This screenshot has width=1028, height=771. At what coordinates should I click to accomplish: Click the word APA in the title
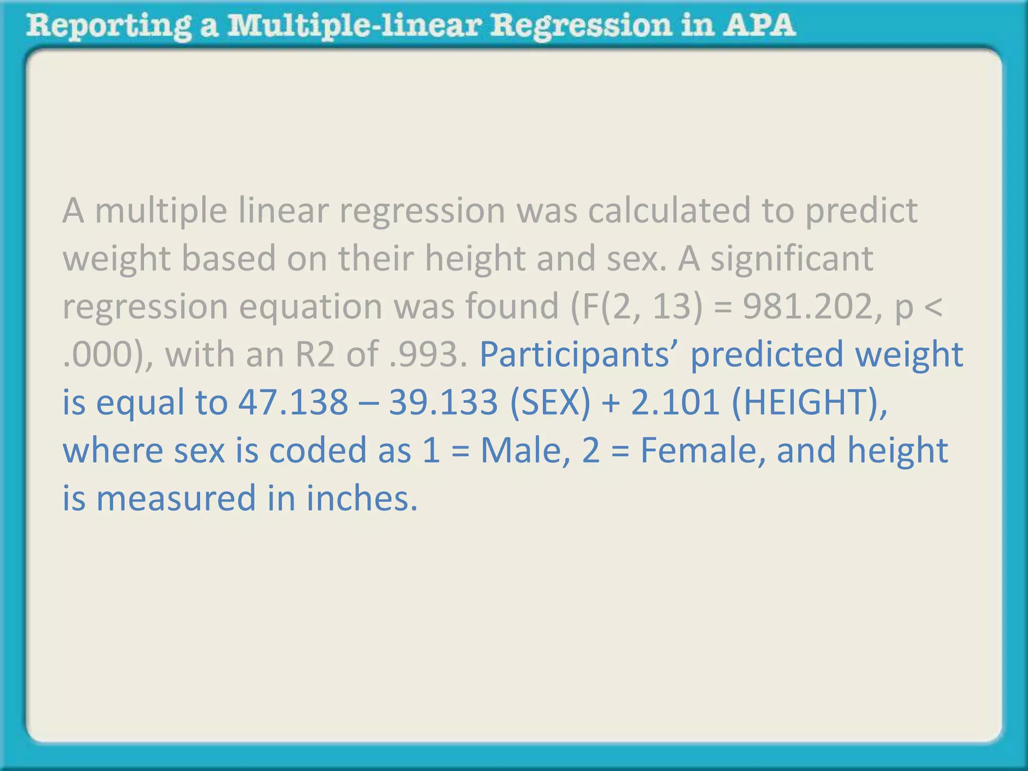tap(758, 25)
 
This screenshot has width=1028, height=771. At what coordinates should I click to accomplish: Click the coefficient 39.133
tap(443, 403)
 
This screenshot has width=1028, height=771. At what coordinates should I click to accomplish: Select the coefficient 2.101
tap(675, 403)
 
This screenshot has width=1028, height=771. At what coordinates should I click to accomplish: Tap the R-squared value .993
tap(431, 354)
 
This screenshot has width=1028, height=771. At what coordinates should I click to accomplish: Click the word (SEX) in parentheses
tap(550, 403)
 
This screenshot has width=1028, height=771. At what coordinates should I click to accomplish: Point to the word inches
tap(361, 498)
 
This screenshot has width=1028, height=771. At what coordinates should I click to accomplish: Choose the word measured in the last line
tap(176, 498)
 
